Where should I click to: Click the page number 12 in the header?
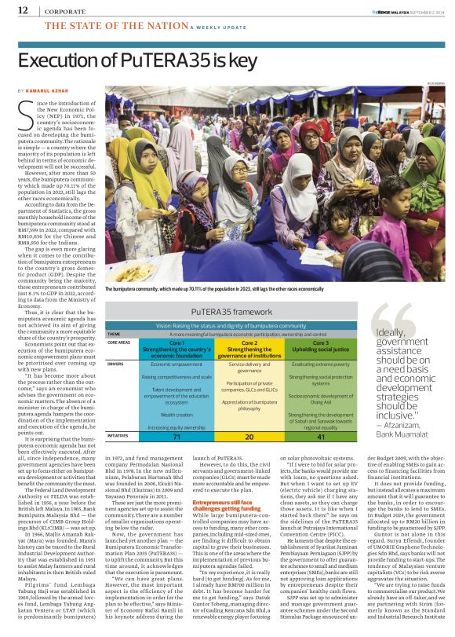(23, 10)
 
